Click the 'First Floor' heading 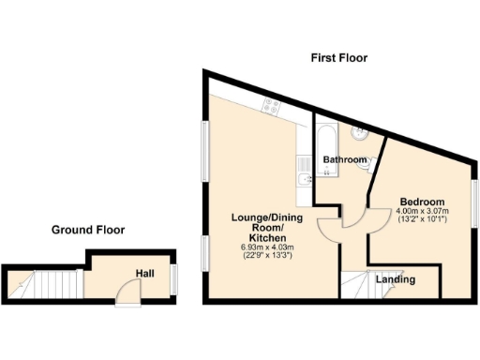(338, 58)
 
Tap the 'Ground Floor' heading (88, 230)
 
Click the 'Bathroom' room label (344, 160)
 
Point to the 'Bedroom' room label (422, 202)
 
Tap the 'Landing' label (397, 279)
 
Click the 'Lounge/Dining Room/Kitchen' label (267, 228)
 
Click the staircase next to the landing (357, 283)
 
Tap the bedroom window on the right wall (473, 202)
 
